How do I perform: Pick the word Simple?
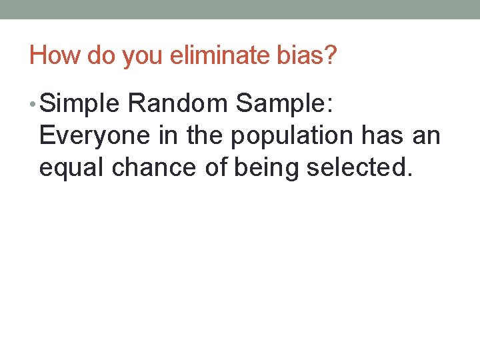click(81, 103)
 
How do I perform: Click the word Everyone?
click(95, 135)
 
